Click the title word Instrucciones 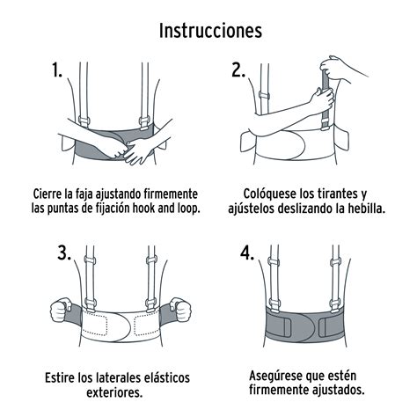[209, 31]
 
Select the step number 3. [63, 254]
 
